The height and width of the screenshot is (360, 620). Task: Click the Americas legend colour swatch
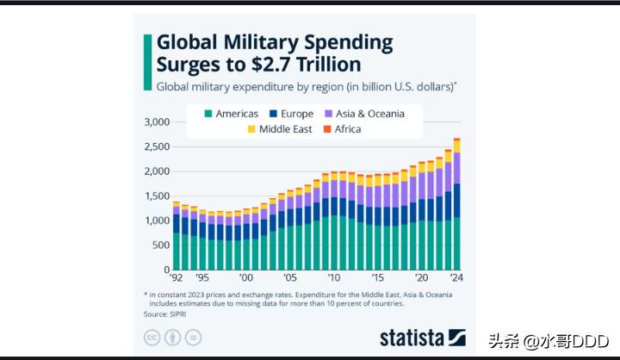pyautogui.click(x=208, y=114)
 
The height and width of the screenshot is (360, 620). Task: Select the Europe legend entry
pyautogui.click(x=290, y=114)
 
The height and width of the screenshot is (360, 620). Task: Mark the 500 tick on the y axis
pyautogui.click(x=163, y=245)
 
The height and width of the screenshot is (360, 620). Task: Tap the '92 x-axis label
pyautogui.click(x=177, y=278)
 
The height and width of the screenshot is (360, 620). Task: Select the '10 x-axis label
pyautogui.click(x=334, y=278)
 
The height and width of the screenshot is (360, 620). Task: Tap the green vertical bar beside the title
pyautogui.click(x=148, y=53)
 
